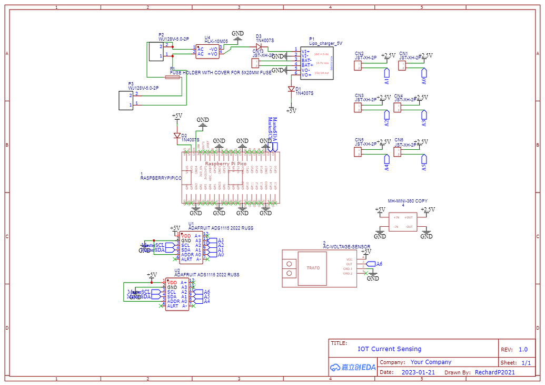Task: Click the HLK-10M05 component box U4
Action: [209, 51]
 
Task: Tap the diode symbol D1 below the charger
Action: [291, 89]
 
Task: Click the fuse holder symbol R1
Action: [172, 77]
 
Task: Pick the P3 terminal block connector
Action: [126, 100]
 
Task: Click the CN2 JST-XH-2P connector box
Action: [358, 65]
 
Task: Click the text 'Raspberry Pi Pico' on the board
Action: [225, 164]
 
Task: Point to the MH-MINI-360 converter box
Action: [403, 222]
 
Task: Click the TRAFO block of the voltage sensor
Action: [313, 268]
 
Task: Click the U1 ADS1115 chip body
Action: [190, 247]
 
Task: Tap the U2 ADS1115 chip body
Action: [177, 295]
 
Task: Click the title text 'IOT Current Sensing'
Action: [389, 349]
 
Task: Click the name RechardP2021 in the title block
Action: [494, 372]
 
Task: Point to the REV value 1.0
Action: [522, 349]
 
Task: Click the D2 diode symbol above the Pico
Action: [177, 136]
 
